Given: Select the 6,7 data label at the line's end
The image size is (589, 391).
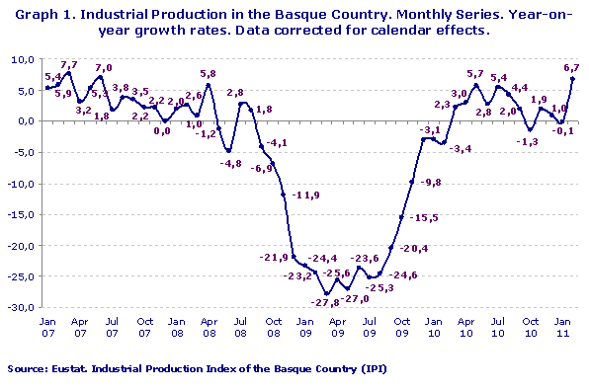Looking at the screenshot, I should click(571, 67).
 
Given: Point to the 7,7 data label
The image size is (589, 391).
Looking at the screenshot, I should click(68, 64).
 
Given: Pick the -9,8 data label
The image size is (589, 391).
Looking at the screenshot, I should click(430, 183).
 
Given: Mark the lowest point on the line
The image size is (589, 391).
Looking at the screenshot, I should click(327, 293).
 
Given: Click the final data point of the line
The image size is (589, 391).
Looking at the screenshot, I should click(573, 79).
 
